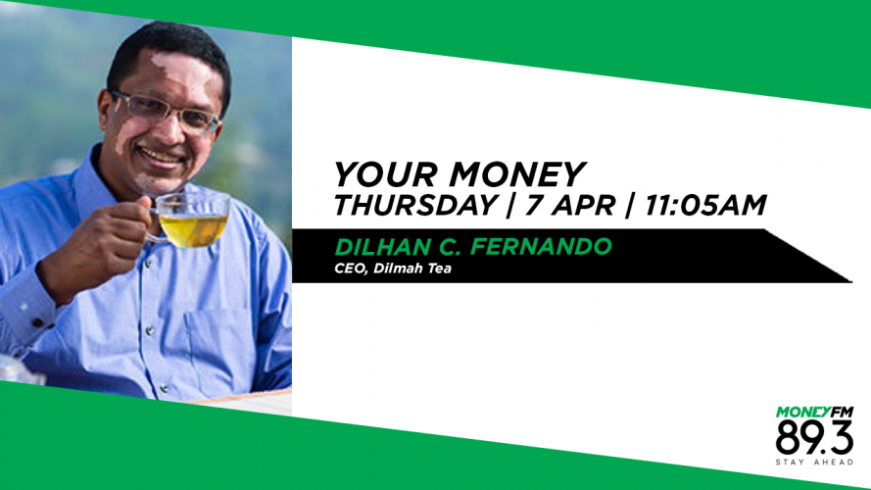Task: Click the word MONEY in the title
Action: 517,174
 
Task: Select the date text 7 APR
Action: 570,205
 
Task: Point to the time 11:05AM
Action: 705,205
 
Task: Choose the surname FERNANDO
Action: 542,247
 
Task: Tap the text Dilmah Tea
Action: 412,269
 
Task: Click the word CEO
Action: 350,269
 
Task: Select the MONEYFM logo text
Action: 814,413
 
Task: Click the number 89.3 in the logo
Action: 814,438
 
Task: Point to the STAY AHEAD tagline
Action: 814,463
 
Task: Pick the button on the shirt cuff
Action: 38,322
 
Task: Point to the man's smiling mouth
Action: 161,157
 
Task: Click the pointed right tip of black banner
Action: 851,281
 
